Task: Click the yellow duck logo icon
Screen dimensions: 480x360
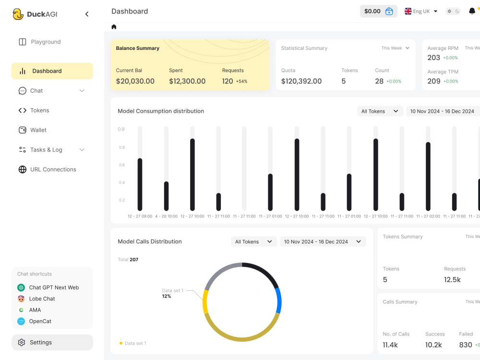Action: point(18,14)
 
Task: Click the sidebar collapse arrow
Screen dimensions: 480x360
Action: point(87,14)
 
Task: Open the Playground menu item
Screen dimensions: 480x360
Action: point(40,42)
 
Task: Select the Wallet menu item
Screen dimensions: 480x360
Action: point(33,130)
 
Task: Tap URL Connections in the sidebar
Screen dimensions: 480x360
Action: point(48,169)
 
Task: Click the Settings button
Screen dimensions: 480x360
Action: point(52,342)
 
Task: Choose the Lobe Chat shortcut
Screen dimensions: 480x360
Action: point(36,299)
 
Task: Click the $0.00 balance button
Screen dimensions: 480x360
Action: point(379,12)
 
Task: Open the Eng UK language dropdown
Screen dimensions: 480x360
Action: point(421,12)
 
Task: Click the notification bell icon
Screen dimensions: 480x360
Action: point(472,12)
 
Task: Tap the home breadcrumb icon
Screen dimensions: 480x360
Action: point(114,27)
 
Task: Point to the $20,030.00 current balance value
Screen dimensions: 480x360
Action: point(135,81)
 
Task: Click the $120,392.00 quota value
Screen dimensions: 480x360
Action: point(301,81)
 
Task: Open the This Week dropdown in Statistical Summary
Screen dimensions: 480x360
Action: point(396,48)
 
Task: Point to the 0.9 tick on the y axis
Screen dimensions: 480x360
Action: point(121,129)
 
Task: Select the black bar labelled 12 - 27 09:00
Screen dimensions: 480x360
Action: point(140,185)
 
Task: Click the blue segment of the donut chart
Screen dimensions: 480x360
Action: point(278,300)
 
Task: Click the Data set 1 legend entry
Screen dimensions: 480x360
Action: point(133,343)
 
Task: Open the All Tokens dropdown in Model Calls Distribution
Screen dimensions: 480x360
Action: point(254,241)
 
